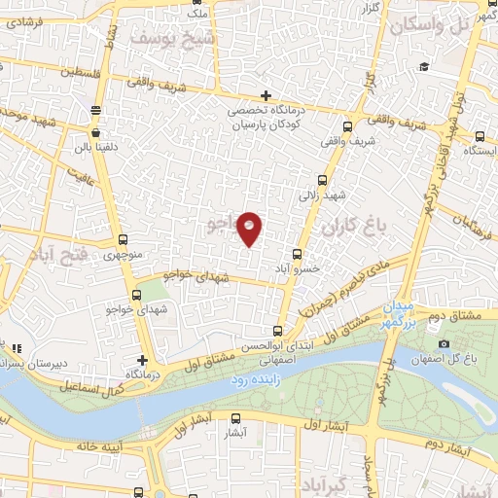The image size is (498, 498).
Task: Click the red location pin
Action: coord(250,229)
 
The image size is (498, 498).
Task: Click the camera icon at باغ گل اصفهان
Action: coord(445,343)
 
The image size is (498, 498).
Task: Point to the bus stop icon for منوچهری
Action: coord(122,239)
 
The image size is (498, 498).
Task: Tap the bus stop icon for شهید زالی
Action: coord(323,180)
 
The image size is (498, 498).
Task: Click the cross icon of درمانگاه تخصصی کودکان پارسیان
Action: coord(266,95)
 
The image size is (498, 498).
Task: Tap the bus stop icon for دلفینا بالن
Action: coord(95,133)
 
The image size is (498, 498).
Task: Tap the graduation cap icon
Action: coord(424,66)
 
